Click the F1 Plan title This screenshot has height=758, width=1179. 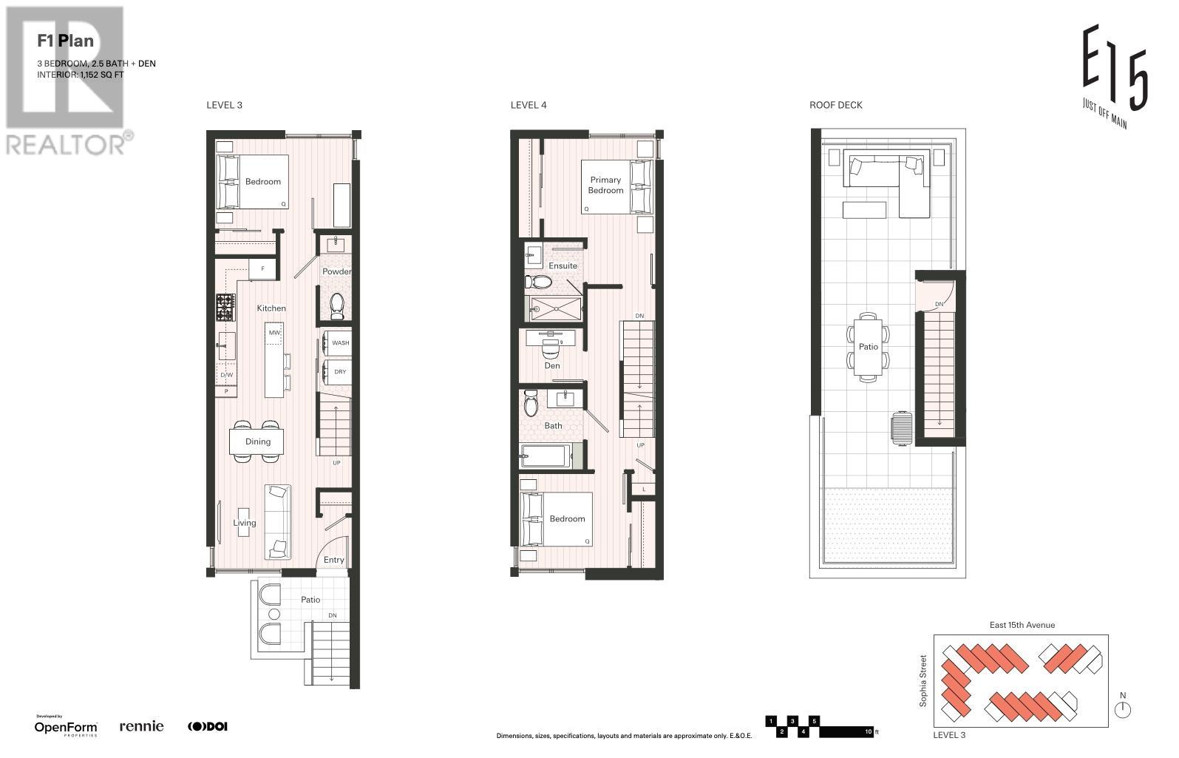coord(66,41)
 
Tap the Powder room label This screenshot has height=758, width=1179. coord(336,271)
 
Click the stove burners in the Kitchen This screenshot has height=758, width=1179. coord(225,307)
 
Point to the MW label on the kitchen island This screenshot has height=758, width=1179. coord(274,333)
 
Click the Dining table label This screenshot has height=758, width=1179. coord(258,441)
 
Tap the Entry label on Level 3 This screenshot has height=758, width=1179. coord(334,560)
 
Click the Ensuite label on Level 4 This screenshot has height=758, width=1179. coord(563,265)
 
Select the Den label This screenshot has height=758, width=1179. coord(552,365)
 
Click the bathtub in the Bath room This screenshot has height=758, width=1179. coord(545,457)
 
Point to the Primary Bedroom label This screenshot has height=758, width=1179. coord(605,185)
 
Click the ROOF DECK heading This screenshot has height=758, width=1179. coord(835,105)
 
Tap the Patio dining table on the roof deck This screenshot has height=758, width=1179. coord(868,346)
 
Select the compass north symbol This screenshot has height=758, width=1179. coord(1123,709)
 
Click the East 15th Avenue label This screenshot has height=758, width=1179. coord(1022,625)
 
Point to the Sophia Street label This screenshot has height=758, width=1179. coord(923,680)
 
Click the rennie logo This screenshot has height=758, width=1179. coord(141,726)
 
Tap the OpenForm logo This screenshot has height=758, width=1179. coord(66,727)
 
